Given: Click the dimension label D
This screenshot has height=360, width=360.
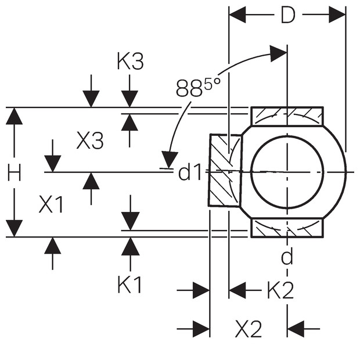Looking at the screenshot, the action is click(288, 15).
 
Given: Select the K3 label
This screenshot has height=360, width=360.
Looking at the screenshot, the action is click(130, 61).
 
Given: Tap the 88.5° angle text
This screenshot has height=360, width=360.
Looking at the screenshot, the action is click(198, 88).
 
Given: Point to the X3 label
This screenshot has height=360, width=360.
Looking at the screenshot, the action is click(90, 140).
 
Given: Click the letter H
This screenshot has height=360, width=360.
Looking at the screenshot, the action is click(15, 172).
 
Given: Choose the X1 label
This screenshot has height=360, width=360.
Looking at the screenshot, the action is click(51, 204).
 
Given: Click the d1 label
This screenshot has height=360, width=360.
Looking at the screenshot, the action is click(190, 172).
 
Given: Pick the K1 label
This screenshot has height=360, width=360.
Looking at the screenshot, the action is click(129, 285).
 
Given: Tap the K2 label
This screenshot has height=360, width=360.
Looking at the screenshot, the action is click(280, 290).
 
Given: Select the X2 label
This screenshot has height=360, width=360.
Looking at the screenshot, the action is click(249, 329).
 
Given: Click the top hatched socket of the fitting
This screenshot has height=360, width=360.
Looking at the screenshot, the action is click(287, 116).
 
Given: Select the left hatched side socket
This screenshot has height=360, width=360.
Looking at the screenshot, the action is click(225, 170).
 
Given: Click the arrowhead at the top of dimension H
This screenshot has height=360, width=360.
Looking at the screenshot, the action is click(15, 116).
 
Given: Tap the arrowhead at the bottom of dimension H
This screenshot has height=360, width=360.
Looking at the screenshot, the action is click(15, 228).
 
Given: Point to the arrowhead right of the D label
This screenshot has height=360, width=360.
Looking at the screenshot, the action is click(337, 15).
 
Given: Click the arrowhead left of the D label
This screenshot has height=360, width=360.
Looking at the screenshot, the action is click(237, 15).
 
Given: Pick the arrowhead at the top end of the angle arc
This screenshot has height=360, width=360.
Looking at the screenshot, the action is click(278, 53).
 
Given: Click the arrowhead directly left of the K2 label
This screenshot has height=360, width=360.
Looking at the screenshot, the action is click(237, 290).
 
